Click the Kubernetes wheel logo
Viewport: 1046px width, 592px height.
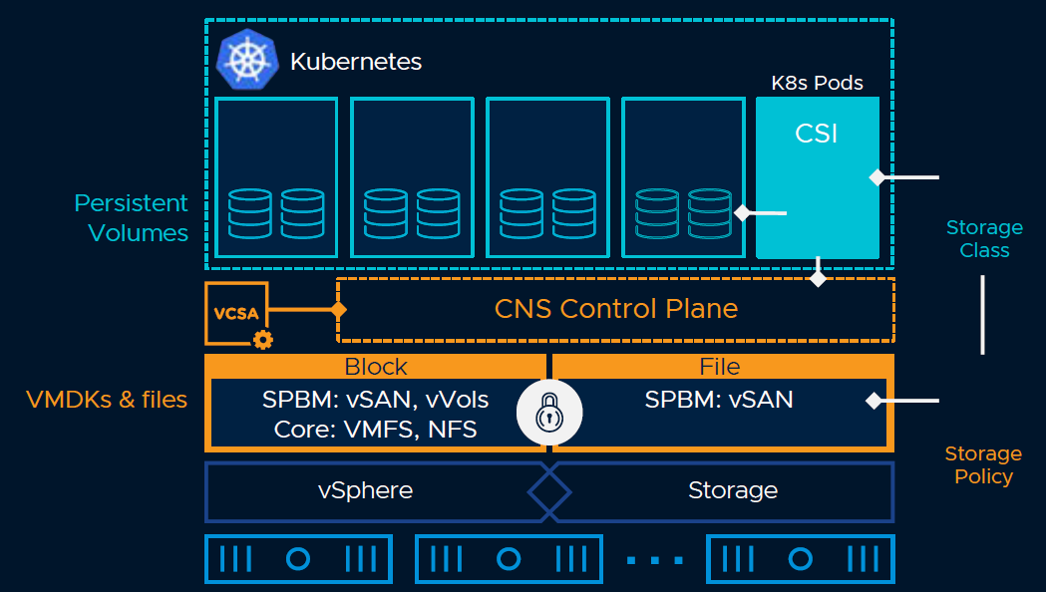click(245, 60)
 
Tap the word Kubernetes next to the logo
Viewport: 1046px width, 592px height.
click(356, 62)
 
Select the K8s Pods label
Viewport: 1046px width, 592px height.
click(818, 83)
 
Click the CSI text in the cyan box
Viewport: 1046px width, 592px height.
click(817, 133)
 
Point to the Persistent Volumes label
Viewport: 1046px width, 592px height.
click(132, 218)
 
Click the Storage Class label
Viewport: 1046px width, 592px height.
click(984, 239)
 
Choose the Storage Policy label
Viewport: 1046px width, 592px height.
click(983, 464)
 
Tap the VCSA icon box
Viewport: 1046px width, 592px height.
click(235, 313)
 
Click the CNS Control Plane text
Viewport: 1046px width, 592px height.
click(616, 309)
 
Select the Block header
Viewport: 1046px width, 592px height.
click(376, 366)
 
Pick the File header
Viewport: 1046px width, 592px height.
click(720, 366)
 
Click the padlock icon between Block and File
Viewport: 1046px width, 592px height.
click(549, 413)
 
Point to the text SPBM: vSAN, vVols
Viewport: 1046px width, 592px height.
click(376, 400)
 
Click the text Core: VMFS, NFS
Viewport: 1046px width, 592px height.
click(376, 431)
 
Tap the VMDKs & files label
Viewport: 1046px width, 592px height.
click(107, 400)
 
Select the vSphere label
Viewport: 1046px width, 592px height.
click(365, 490)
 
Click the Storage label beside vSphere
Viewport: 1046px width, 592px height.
click(733, 490)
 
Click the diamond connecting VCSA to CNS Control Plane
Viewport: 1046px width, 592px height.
click(338, 310)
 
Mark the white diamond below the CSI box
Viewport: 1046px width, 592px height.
click(818, 278)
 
